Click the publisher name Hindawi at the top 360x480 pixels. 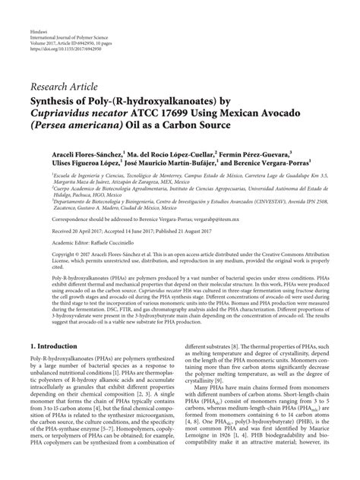tap(36, 14)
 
